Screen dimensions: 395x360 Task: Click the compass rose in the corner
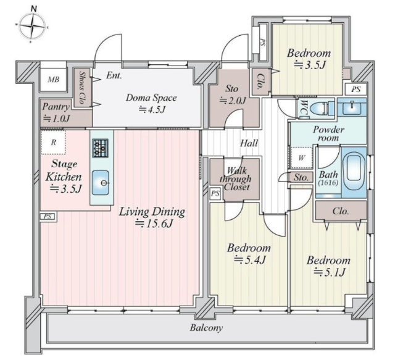pos(33,26)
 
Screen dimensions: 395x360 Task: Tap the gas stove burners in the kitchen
pos(100,148)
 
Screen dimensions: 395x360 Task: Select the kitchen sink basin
pos(100,183)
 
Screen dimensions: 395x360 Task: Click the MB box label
pos(54,80)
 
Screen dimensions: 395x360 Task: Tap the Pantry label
pos(56,107)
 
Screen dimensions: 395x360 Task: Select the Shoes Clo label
pos(81,87)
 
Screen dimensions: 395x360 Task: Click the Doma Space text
pos(151,98)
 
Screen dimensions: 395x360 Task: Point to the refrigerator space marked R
pos(53,143)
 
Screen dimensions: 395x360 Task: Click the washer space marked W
pos(301,158)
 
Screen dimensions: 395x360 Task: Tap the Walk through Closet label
pos(235,178)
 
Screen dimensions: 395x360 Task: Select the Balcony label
pos(206,328)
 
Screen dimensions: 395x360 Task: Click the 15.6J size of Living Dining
pos(154,224)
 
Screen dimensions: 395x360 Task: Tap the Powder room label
pos(328,133)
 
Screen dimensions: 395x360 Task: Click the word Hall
pos(249,143)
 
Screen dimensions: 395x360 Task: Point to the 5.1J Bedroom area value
pos(329,272)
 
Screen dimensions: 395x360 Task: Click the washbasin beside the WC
pos(351,107)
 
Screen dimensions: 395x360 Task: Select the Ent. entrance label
pos(114,75)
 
